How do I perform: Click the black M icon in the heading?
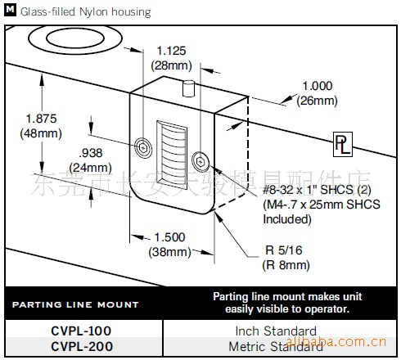point(9,11)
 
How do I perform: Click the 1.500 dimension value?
point(169,236)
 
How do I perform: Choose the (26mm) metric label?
point(318,100)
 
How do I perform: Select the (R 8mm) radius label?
point(286,264)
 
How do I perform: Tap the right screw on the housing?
point(200,159)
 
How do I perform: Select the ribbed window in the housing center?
point(171,151)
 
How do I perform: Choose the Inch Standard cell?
point(276,331)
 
